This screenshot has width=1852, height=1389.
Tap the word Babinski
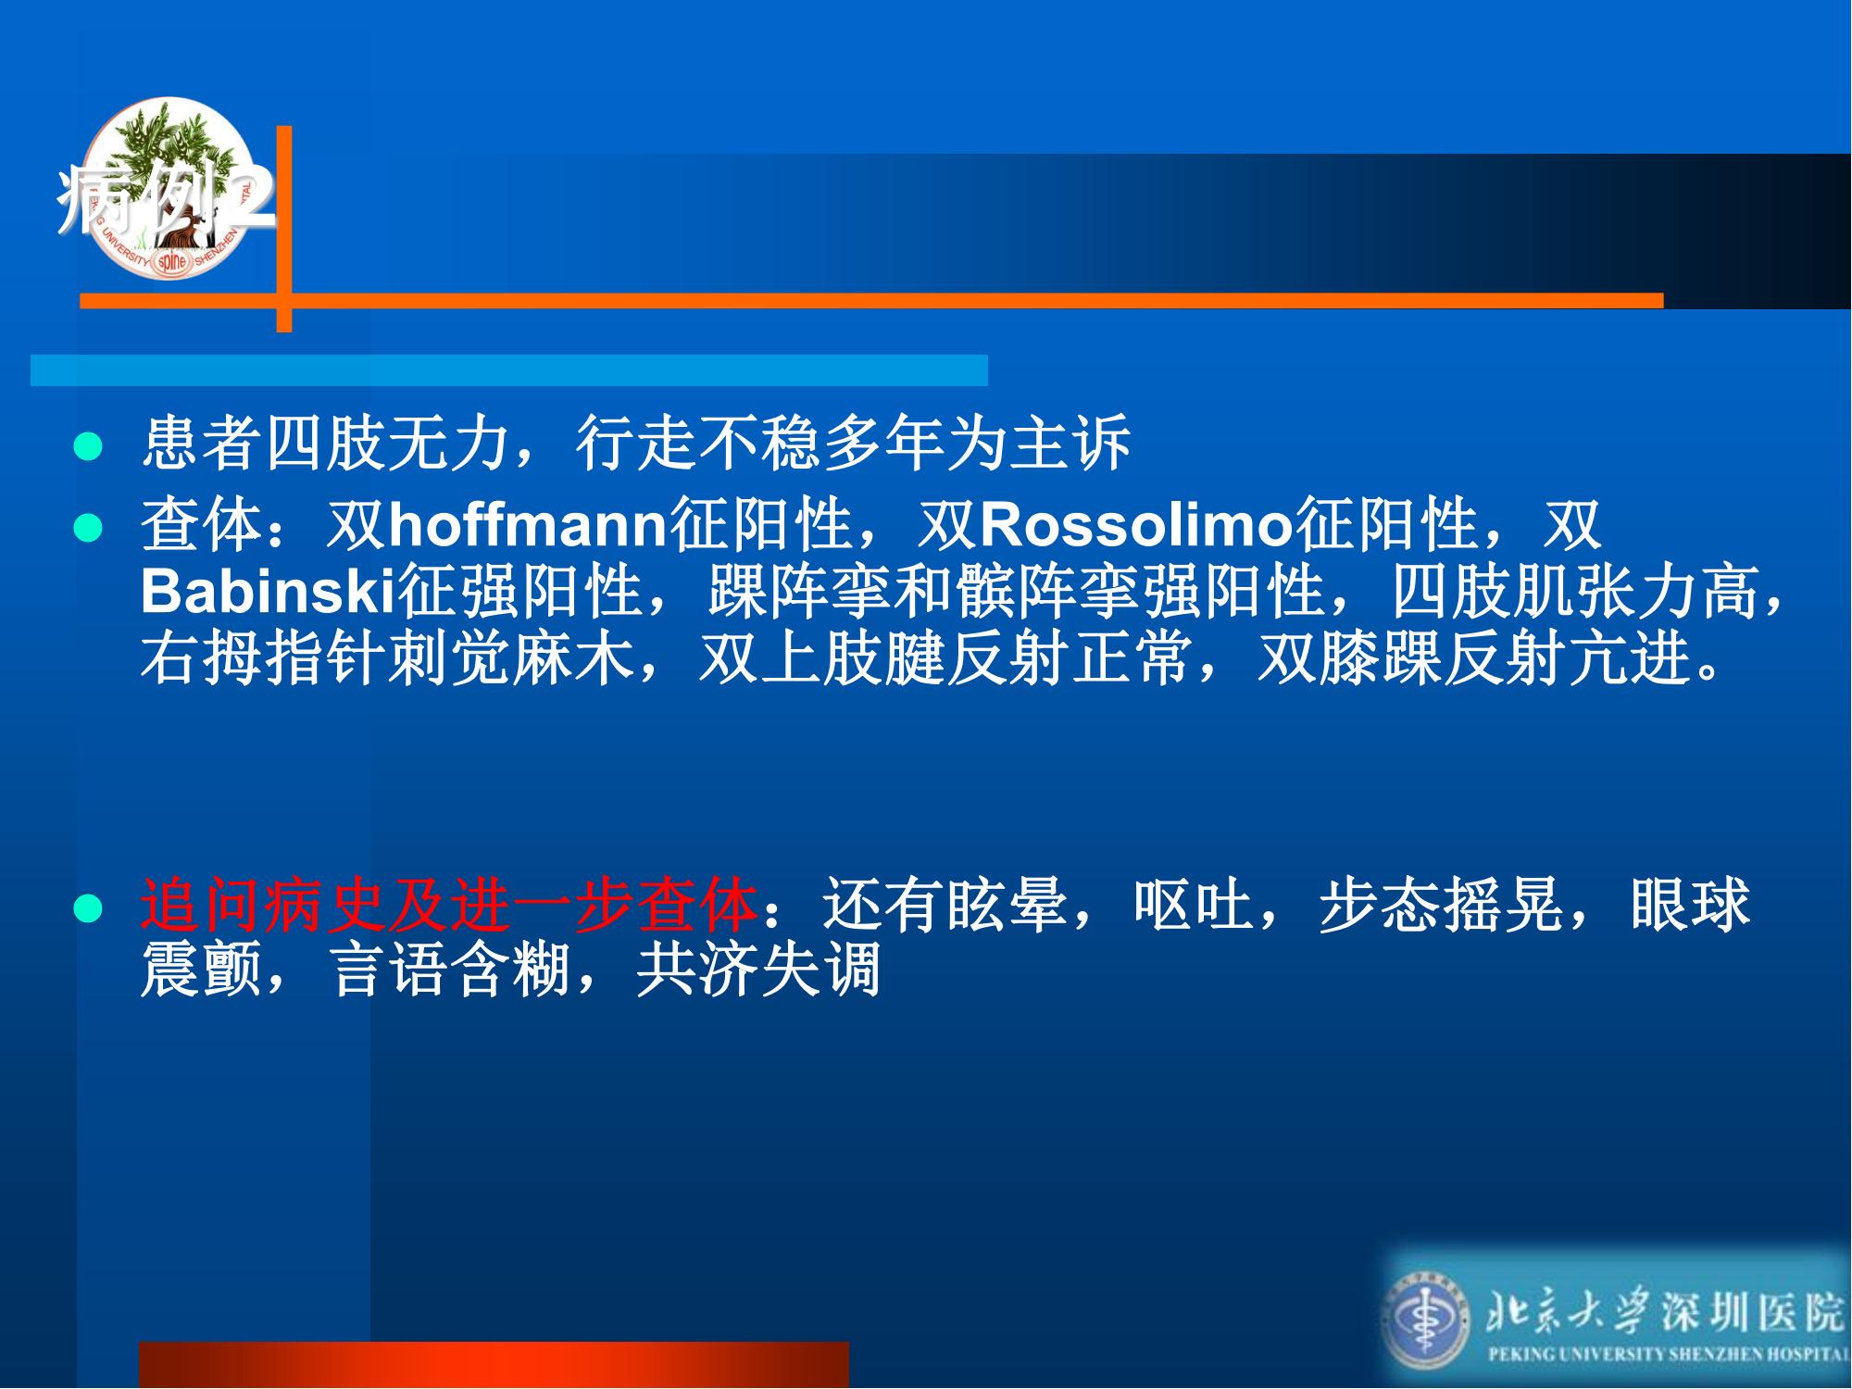269,592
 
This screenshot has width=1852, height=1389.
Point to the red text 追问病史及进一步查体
450,905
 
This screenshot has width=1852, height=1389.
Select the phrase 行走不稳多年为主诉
853,442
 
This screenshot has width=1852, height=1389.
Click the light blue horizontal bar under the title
509,369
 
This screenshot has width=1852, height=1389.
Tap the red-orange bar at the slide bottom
494,1364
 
